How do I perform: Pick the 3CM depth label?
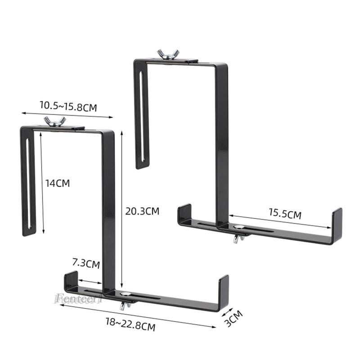[x=234, y=318]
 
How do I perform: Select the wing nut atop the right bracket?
[x=166, y=54]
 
